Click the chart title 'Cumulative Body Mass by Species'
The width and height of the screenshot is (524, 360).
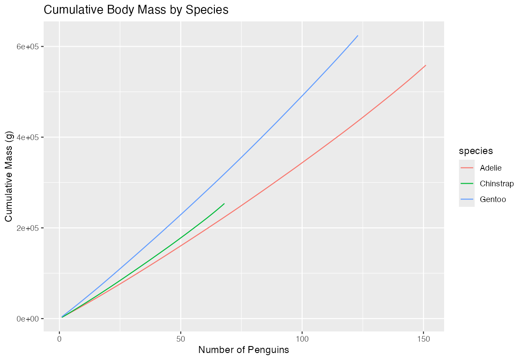pos(136,10)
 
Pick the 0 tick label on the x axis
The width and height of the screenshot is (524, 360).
pos(59,339)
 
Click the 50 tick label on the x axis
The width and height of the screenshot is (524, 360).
pos(181,339)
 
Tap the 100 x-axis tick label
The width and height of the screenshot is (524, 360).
pos(302,339)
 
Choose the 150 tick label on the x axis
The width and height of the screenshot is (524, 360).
pos(424,339)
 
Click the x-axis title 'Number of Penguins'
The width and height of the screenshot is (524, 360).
pos(244,350)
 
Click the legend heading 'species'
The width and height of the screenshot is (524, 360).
pos(476,151)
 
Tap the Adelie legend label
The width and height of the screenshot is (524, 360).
pos(491,168)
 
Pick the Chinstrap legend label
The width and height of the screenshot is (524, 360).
pos(496,184)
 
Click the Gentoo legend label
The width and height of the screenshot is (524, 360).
pos(493,199)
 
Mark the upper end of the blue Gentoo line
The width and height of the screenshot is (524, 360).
pos(358,36)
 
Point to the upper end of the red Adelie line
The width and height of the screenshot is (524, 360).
pos(426,65)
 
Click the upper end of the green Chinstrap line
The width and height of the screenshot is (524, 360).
pos(224,203)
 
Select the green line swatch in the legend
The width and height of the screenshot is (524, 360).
pos(467,184)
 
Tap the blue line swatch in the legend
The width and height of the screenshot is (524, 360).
pos(467,199)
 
